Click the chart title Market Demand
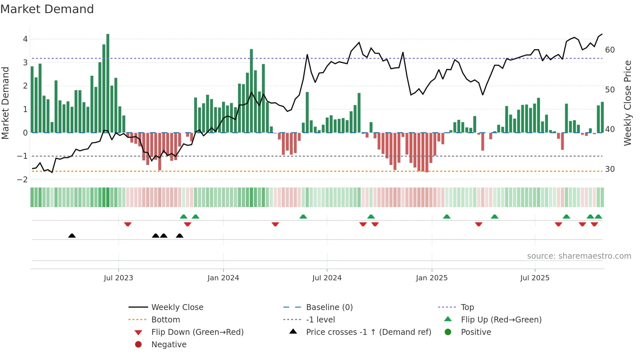tap(47, 9)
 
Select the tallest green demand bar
tap(108, 83)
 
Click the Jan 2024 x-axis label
tap(223, 278)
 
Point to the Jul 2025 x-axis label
tap(535, 278)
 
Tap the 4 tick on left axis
tap(25, 39)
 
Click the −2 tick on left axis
tap(23, 180)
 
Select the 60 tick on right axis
tap(610, 50)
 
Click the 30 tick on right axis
tap(610, 169)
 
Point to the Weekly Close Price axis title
tap(627, 103)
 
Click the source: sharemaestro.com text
tap(579, 256)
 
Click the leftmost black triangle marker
tap(72, 236)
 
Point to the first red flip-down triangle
tap(128, 224)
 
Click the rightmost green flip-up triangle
tap(598, 217)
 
